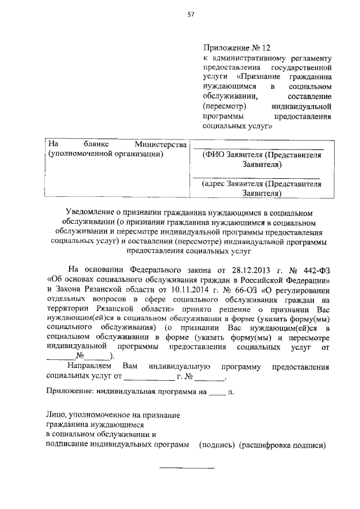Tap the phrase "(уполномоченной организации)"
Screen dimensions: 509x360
[x=106, y=154]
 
